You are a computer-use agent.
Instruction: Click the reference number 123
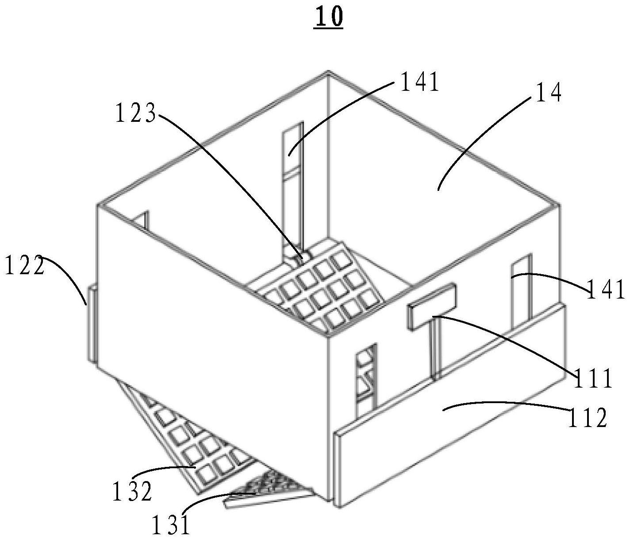pyautogui.click(x=135, y=113)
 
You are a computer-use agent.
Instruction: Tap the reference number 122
pyautogui.click(x=25, y=265)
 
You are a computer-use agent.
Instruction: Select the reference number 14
pyautogui.click(x=545, y=92)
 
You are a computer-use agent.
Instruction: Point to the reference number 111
pyautogui.click(x=592, y=377)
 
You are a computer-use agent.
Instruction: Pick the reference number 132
pyautogui.click(x=132, y=491)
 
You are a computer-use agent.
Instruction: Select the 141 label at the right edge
pyautogui.click(x=605, y=289)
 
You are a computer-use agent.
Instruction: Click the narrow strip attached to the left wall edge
pyautogui.click(x=93, y=324)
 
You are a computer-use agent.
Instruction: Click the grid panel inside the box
pyautogui.click(x=320, y=290)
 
